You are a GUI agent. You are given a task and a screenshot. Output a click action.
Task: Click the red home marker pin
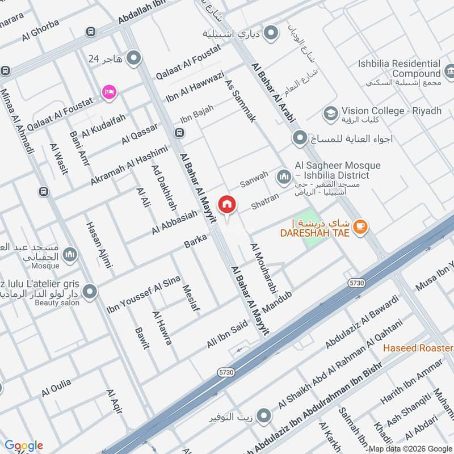228,204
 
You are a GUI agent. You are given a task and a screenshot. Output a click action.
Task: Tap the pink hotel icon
108,91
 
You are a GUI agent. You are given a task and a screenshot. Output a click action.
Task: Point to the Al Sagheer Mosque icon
284,178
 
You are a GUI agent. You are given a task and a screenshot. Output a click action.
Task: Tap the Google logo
24,445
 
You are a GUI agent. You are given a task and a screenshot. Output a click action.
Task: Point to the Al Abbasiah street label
174,222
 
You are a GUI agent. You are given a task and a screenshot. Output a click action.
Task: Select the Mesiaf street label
191,298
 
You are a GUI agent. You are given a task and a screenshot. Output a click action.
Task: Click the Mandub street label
280,301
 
